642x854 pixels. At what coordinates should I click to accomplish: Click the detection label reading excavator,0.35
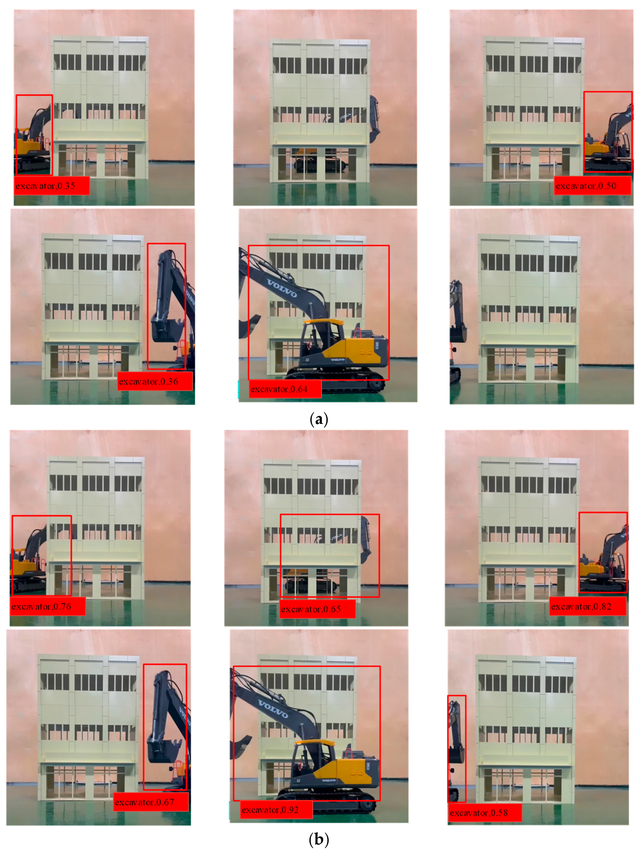click(x=52, y=186)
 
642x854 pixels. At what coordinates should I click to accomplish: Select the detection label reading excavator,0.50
click(x=592, y=186)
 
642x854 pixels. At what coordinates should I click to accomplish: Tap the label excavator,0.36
click(x=154, y=381)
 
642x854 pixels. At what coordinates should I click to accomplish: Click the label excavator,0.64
click(x=285, y=389)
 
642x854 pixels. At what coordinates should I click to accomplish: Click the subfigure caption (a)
click(x=319, y=419)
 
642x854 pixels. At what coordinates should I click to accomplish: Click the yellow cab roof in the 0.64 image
click(x=323, y=321)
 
